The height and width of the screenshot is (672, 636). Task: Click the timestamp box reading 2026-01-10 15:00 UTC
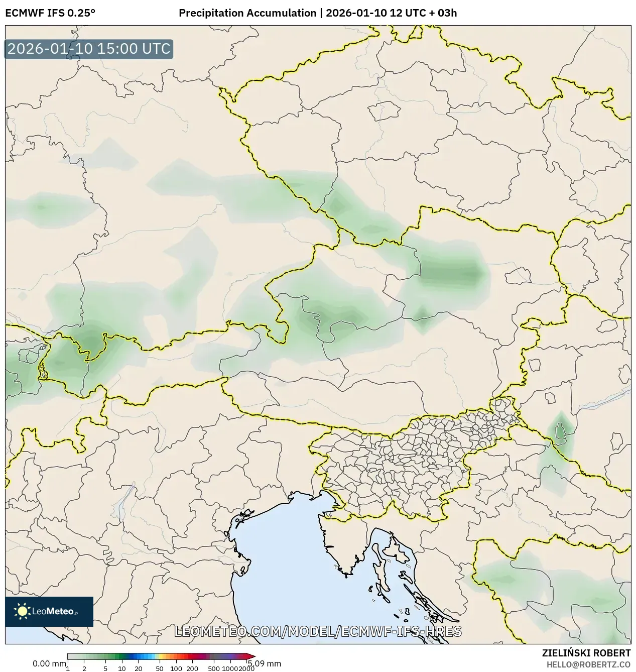89,49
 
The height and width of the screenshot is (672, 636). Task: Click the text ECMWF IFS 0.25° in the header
50,13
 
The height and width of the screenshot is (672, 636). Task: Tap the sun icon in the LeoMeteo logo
22,611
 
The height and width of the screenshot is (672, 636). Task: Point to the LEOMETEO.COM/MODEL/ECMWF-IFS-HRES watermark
318,631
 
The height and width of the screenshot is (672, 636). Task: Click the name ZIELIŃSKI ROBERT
586,653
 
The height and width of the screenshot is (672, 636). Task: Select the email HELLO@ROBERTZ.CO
588,664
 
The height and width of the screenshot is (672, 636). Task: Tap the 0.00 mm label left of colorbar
49,663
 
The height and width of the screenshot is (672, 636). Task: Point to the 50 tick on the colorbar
160,668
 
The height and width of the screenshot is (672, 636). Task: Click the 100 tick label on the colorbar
176,668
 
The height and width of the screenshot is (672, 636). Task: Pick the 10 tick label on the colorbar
122,668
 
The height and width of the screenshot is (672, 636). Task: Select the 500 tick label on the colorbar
214,668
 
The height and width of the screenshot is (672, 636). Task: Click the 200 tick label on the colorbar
192,668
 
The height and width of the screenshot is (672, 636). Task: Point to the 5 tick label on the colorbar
105,668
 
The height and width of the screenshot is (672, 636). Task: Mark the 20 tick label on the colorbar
139,668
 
